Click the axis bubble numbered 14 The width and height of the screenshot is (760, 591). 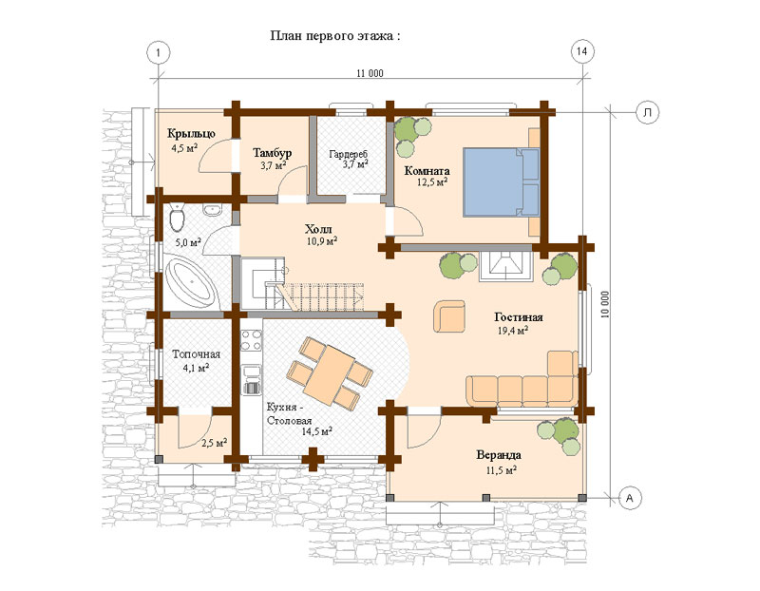[581, 51]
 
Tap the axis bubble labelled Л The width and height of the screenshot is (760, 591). [647, 112]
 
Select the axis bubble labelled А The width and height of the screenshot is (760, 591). [630, 498]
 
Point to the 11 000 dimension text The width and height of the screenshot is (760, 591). [370, 73]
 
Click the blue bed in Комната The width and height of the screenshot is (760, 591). [502, 181]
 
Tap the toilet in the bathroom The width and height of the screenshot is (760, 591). [178, 218]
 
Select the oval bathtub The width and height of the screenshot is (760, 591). [190, 283]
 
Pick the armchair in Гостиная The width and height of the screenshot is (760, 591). [449, 316]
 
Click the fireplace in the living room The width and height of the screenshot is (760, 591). [506, 266]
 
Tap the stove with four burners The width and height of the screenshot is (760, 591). [251, 340]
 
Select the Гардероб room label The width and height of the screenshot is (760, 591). [349, 154]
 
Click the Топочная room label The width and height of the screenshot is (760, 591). [197, 354]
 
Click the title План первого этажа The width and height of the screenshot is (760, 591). [335, 36]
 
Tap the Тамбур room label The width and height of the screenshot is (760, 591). [273, 153]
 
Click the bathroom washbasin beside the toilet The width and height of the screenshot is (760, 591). [212, 210]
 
